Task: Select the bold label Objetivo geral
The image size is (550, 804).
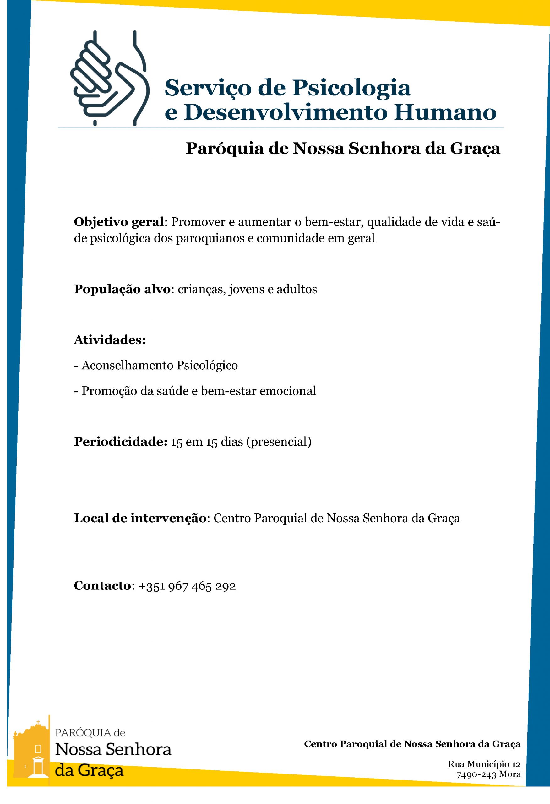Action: click(x=119, y=222)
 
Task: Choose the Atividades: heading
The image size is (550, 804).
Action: click(x=110, y=340)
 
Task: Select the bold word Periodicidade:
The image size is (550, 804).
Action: click(x=121, y=442)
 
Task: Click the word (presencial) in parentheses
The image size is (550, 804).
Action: click(x=279, y=442)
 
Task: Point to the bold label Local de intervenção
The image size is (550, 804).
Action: click(x=140, y=518)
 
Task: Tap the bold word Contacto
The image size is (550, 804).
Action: click(x=102, y=586)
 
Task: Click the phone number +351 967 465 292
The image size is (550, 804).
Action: click(x=187, y=586)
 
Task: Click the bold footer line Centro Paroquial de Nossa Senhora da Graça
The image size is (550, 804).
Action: click(x=412, y=744)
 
